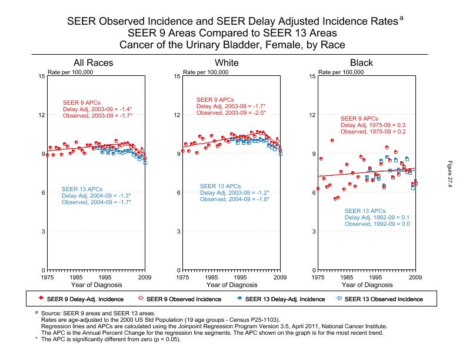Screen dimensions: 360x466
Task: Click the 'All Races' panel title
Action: (93, 63)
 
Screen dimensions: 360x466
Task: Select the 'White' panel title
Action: (227, 63)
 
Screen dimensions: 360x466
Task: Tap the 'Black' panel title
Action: (361, 63)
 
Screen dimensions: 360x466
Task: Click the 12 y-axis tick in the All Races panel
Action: (42, 115)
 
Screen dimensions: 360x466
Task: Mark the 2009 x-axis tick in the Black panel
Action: (415, 276)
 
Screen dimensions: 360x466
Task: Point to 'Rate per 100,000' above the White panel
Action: (206, 72)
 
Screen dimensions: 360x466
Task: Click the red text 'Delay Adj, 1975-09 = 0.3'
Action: (374, 125)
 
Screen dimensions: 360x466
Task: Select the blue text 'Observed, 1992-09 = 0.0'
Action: (377, 224)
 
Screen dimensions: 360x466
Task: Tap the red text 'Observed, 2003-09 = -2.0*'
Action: (231, 112)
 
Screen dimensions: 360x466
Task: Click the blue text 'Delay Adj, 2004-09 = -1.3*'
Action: (96, 195)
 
